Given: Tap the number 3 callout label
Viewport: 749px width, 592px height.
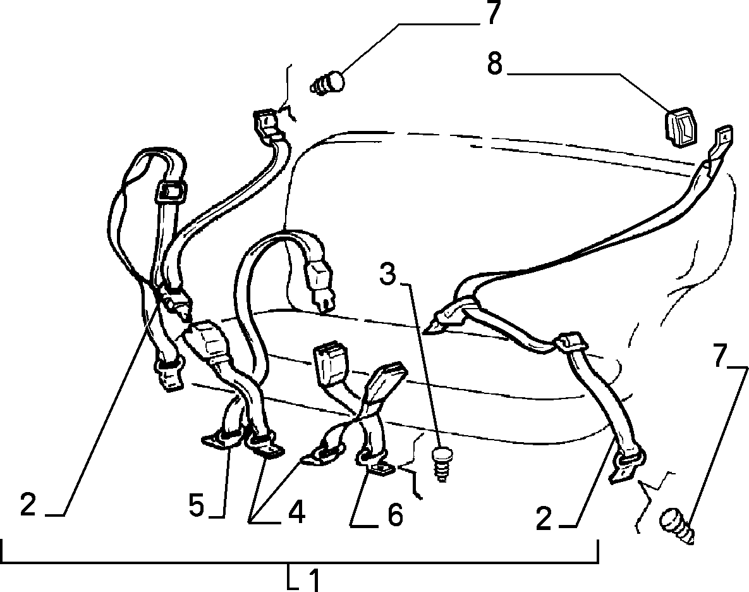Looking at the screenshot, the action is coord(387,273).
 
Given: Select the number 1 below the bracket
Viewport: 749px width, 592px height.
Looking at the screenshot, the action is coord(313,580).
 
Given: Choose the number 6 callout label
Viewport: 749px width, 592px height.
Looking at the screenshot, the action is coord(394,515).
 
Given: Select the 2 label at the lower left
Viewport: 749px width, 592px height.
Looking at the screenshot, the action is coord(28,505).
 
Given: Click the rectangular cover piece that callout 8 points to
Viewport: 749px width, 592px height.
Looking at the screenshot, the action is coord(681,125).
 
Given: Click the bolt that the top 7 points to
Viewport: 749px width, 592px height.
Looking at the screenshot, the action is coord(329,83).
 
